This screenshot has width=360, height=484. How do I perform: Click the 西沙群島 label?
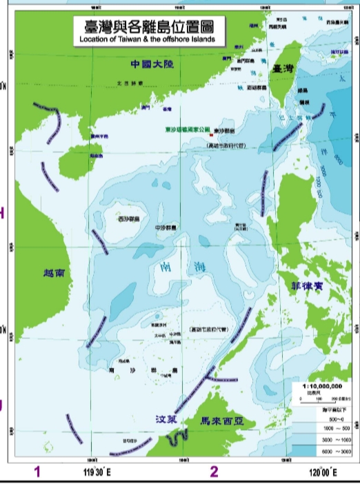[128, 219]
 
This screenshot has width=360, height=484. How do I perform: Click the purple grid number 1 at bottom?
[38, 472]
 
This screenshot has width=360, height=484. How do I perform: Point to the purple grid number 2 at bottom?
[214, 472]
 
